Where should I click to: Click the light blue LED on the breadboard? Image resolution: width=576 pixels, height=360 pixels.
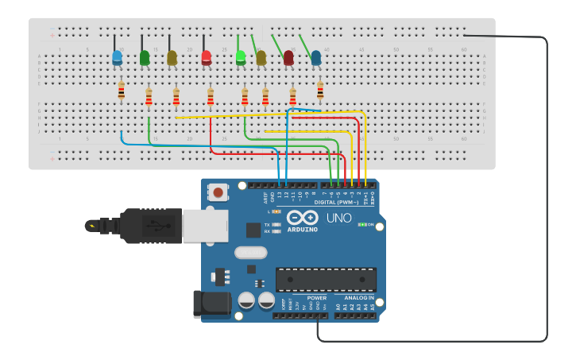118,57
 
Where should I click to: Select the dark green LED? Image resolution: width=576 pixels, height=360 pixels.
145,58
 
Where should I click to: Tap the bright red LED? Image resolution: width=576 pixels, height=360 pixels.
207,58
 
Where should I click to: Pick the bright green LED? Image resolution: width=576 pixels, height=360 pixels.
241,57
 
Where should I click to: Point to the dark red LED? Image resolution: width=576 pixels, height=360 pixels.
288,58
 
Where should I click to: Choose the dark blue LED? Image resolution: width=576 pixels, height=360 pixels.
316,58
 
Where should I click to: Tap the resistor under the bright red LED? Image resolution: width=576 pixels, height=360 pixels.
211,97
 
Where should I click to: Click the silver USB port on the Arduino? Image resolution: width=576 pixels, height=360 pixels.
205,226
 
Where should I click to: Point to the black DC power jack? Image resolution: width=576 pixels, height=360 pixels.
211,304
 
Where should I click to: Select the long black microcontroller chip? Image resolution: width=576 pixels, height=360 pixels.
326,279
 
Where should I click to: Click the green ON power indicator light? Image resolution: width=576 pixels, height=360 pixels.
362,225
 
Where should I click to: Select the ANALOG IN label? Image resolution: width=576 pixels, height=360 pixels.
358,297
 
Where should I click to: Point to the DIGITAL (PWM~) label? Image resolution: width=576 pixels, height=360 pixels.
337,202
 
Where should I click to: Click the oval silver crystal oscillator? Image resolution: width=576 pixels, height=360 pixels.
251,253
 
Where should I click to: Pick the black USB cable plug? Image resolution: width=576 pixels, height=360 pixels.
151,226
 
